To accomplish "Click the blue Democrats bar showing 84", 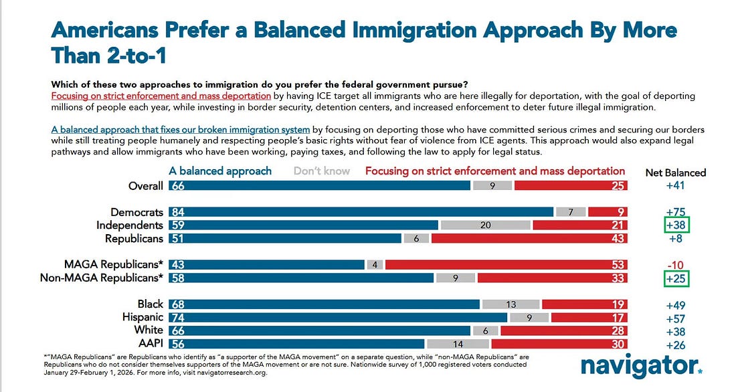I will click(361, 212).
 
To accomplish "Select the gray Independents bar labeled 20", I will click(485, 225).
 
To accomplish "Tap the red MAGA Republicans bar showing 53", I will click(507, 264).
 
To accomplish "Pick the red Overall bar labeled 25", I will click(571, 186).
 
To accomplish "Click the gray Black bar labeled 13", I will click(511, 304).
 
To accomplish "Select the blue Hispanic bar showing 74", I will click(338, 317).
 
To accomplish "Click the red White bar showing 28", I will click(564, 330).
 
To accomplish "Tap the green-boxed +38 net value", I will click(676, 225).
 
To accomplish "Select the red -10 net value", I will click(676, 264).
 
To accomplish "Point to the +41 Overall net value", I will click(676, 186).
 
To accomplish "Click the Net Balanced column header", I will click(675, 172).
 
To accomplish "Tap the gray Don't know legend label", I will click(322, 171).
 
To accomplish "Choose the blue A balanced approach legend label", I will click(220, 171).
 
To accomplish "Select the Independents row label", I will click(129, 225).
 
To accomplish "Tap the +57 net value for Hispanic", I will click(676, 317).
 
